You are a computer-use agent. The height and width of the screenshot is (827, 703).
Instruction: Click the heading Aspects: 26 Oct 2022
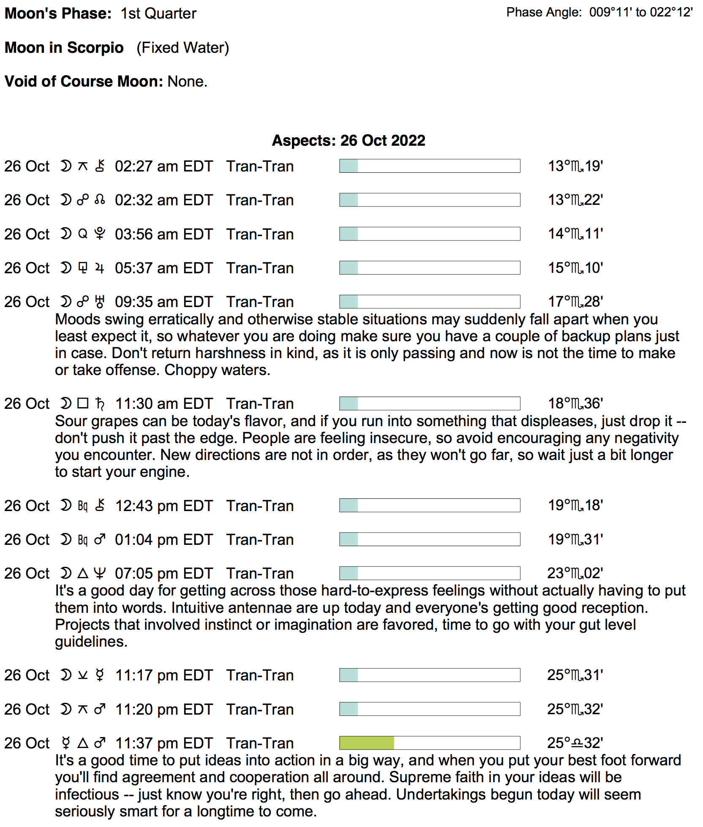pyautogui.click(x=349, y=140)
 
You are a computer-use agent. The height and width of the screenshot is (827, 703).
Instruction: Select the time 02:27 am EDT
pyautogui.click(x=163, y=166)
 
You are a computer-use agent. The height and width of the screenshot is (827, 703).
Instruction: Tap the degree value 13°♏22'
pyautogui.click(x=575, y=200)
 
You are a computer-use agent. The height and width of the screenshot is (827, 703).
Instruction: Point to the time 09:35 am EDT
pyautogui.click(x=163, y=302)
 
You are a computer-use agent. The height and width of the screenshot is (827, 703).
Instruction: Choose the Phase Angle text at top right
pyautogui.click(x=599, y=12)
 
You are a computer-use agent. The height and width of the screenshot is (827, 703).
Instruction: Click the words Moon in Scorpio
pyautogui.click(x=64, y=48)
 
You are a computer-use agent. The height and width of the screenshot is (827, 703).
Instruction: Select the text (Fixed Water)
pyautogui.click(x=183, y=48)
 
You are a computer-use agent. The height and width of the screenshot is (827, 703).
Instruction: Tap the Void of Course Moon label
pyautogui.click(x=84, y=81)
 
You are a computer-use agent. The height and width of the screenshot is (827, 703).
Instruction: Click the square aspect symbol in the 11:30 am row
pyautogui.click(x=83, y=403)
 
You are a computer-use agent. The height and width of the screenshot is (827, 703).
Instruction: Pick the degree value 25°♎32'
pyautogui.click(x=575, y=743)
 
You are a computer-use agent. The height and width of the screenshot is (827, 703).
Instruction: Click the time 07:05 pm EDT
pyautogui.click(x=163, y=574)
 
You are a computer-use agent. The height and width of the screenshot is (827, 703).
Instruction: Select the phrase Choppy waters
pyautogui.click(x=217, y=370)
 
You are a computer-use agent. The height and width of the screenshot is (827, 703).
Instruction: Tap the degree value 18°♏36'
pyautogui.click(x=575, y=404)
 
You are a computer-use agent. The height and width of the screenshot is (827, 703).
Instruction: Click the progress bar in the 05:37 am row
pyautogui.click(x=429, y=268)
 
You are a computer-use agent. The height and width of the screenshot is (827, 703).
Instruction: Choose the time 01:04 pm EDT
pyautogui.click(x=163, y=540)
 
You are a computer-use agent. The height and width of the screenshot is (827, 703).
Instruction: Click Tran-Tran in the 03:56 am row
pyautogui.click(x=260, y=234)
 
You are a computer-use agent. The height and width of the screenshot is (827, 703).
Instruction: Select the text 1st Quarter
pyautogui.click(x=158, y=14)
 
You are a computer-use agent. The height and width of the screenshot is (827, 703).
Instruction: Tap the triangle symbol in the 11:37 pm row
pyautogui.click(x=83, y=743)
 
